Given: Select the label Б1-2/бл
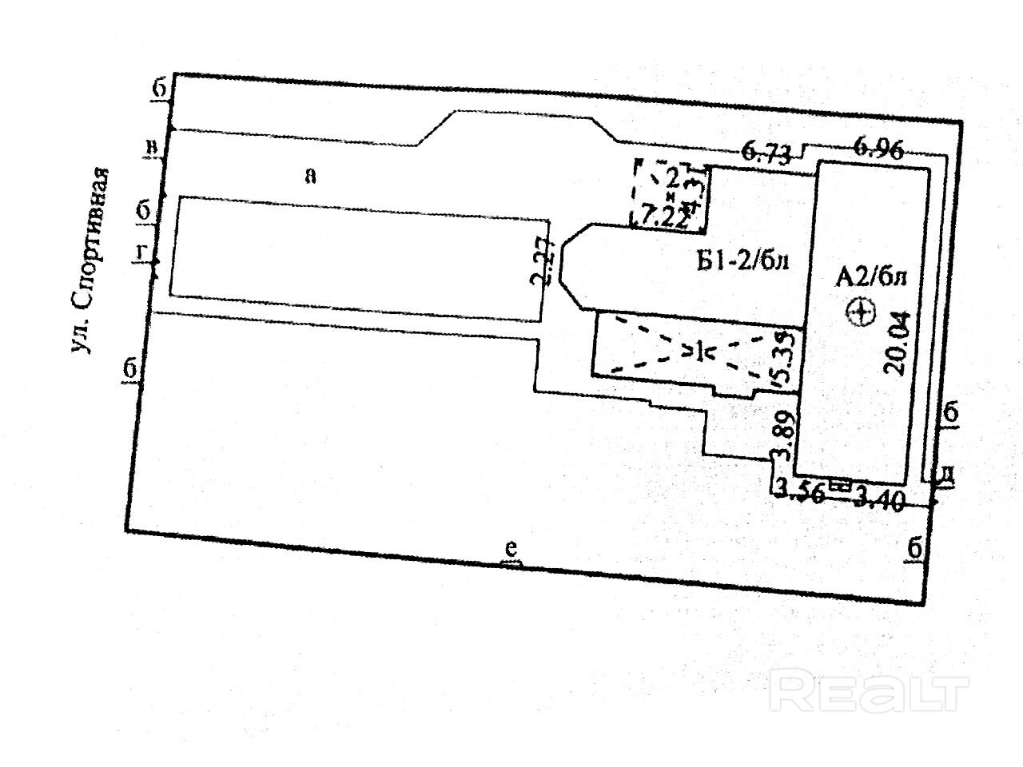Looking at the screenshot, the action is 742,261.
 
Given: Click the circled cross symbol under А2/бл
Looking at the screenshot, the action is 861,312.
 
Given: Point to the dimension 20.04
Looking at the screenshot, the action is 896,344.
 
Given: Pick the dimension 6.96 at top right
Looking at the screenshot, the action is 878,149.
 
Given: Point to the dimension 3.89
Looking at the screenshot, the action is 784,436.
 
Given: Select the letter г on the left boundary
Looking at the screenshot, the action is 141,252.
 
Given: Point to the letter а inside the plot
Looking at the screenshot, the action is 310,175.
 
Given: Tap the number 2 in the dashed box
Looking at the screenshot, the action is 673,174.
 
